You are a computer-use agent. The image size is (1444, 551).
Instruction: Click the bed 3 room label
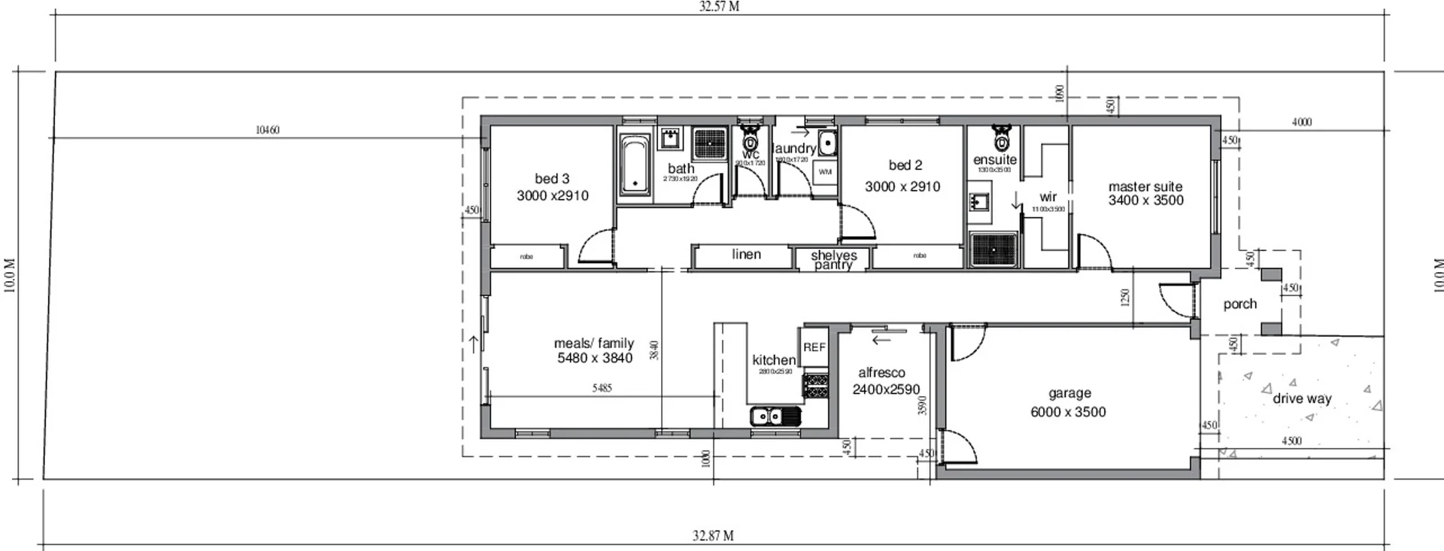(552, 179)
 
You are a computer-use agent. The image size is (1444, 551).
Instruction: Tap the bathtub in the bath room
(635, 166)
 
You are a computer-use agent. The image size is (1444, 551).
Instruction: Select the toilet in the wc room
(751, 141)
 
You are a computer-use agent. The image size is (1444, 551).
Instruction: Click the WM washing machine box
(825, 172)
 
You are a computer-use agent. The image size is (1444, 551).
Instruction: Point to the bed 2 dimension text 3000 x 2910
(902, 187)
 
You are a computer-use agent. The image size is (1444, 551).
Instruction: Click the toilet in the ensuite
(1000, 140)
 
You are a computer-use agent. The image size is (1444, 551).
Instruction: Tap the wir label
(1048, 197)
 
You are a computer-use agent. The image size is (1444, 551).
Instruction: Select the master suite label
(1145, 186)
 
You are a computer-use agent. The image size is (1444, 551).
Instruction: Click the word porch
(1239, 304)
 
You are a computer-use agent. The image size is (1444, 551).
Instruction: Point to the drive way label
(1302, 399)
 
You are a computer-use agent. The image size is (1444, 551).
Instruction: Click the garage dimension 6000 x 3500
(1068, 412)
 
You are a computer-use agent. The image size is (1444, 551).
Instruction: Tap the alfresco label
(881, 373)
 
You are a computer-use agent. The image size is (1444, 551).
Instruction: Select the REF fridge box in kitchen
(815, 347)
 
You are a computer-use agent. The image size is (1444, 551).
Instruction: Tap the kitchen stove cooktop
(816, 386)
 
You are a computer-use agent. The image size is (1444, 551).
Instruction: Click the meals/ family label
(594, 344)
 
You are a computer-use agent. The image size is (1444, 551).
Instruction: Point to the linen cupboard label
(746, 255)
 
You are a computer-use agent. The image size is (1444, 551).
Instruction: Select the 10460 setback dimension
(267, 130)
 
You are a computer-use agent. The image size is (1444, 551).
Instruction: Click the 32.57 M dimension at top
(719, 7)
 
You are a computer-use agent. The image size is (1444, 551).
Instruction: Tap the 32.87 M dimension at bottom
(713, 536)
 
